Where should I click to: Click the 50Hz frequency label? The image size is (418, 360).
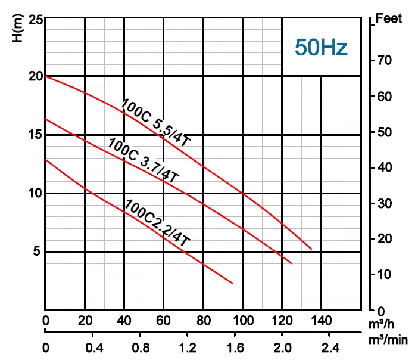[x=320, y=47]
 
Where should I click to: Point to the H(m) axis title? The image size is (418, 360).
[x=17, y=28]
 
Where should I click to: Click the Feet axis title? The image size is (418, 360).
[x=389, y=18]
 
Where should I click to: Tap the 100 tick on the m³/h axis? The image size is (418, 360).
[x=242, y=321]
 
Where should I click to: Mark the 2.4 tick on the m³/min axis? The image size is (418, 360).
[x=329, y=347]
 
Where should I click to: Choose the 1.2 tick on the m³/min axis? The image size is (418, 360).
[x=188, y=347]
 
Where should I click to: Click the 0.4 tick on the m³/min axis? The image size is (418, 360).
[x=93, y=347]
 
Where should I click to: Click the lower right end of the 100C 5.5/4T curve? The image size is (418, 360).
[x=311, y=249]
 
